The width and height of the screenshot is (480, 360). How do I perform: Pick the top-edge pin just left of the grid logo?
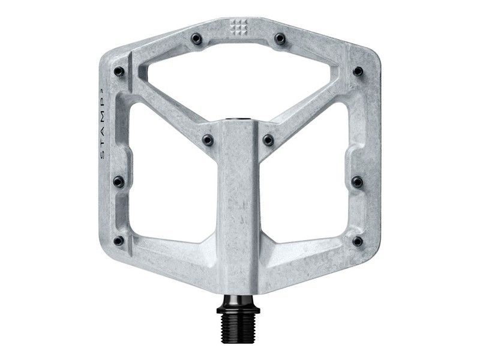point(197,40)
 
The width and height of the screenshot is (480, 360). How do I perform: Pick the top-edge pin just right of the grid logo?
point(279,40)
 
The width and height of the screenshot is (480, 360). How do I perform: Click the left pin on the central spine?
point(208,139)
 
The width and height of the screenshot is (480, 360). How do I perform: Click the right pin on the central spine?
point(268,139)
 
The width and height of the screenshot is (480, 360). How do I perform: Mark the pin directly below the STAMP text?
point(118,180)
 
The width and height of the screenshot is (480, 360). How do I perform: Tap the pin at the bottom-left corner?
point(118,241)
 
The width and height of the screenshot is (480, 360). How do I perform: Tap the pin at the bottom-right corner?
point(358,241)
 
